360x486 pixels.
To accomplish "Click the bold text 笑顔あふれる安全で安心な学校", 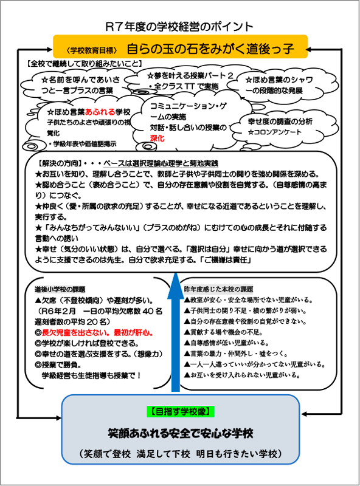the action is point(180,434).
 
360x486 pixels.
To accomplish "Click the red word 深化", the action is point(158,139).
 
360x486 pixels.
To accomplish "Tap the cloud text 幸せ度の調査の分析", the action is point(280,121).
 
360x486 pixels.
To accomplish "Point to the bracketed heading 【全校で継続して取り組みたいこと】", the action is point(85,62).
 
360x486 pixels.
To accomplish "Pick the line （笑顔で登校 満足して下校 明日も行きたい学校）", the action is point(180,454).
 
